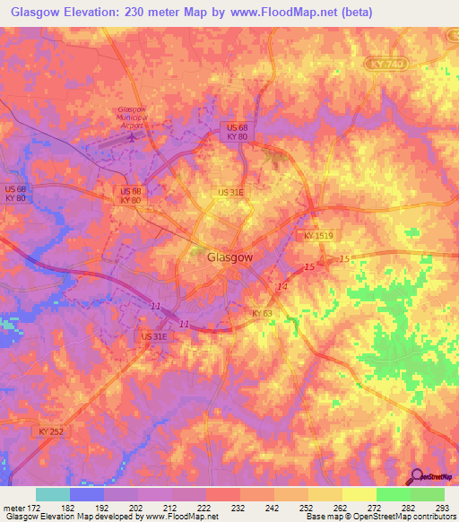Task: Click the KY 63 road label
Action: [261, 312]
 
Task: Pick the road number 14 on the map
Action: [282, 286]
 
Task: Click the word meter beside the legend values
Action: [15, 507]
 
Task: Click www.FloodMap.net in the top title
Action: [289, 12]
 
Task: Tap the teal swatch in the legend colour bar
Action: [53, 494]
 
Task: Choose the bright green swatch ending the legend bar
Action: [427, 494]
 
